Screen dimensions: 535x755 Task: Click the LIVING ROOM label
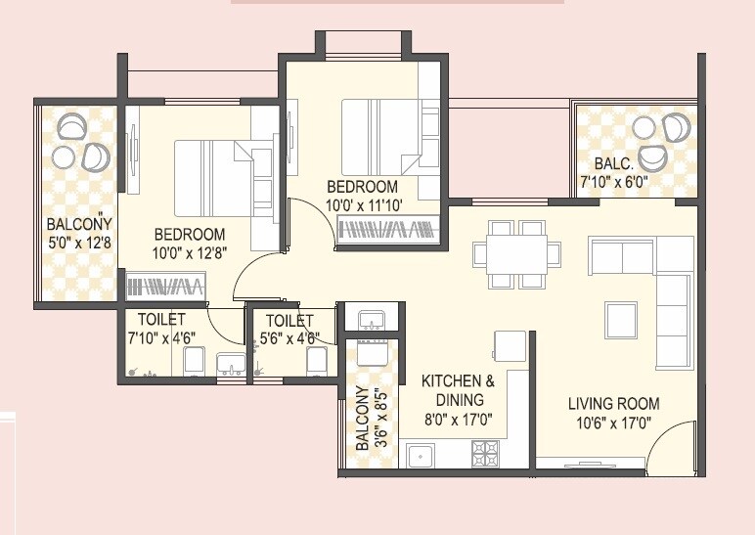click(613, 403)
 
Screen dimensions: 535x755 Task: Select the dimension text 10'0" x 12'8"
click(189, 253)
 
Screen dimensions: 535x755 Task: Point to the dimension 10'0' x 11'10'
click(362, 206)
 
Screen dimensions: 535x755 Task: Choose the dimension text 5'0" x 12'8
click(79, 242)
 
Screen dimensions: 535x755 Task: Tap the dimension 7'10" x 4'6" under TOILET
click(161, 339)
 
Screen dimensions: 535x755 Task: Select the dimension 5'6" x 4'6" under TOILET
click(289, 339)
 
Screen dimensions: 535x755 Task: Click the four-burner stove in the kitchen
click(486, 453)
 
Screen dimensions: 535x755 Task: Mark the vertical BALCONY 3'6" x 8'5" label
click(369, 418)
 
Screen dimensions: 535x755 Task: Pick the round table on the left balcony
click(64, 156)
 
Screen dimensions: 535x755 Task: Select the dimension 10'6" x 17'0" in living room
click(613, 424)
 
